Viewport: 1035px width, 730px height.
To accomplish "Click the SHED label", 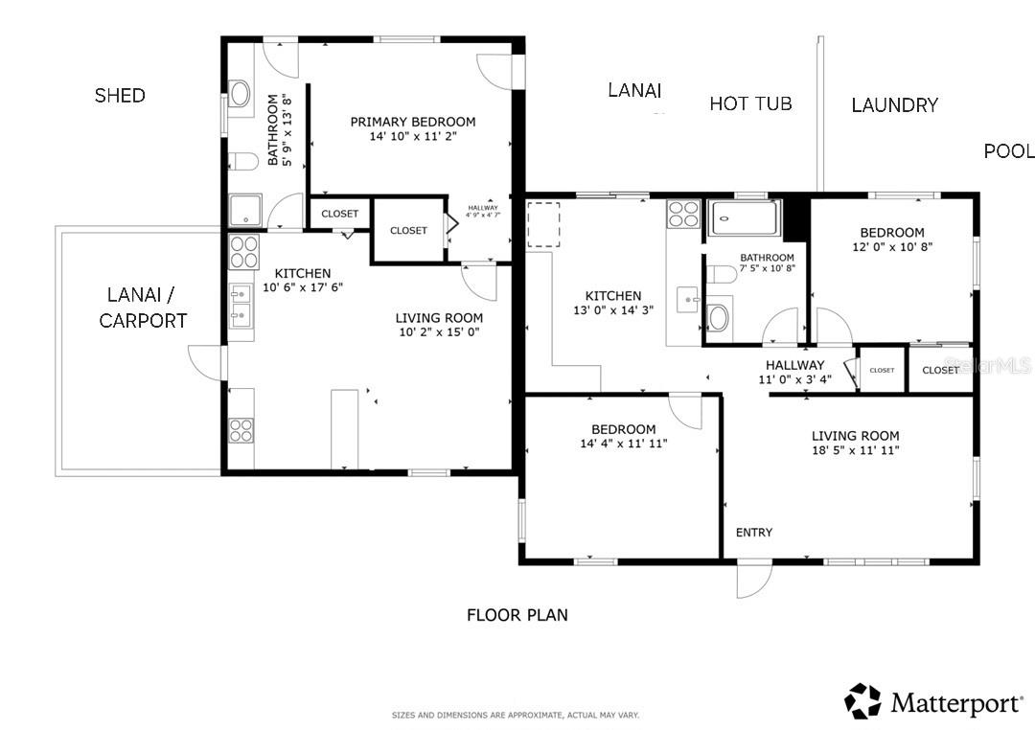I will (x=120, y=95).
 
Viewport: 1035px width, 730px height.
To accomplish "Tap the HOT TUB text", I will (x=750, y=103).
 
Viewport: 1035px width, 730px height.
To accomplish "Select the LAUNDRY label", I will (x=894, y=104).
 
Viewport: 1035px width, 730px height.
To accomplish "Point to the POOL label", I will (x=1008, y=150).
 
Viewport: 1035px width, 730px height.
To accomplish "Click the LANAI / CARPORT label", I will (x=143, y=308).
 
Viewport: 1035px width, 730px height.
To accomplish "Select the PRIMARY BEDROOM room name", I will (x=412, y=122).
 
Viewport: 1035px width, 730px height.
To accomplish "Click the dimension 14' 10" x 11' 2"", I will (x=412, y=137).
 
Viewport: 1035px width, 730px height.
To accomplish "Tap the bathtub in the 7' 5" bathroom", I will (x=746, y=218).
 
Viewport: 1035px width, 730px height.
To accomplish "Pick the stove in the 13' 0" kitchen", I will (x=683, y=213).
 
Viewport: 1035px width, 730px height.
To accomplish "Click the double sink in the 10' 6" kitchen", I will (x=240, y=312).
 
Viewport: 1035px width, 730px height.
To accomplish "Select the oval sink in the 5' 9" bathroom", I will (x=240, y=93).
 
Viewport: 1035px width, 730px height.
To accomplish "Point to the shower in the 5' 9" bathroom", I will (x=243, y=209).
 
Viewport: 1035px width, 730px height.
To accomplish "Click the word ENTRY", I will (x=753, y=533).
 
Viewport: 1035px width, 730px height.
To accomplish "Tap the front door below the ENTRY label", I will (x=754, y=577).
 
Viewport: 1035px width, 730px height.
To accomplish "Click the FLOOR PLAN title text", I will (x=517, y=615).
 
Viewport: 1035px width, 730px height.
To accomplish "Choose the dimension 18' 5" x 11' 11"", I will (x=854, y=450).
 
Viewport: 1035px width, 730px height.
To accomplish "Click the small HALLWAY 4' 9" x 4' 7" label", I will (x=483, y=212).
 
